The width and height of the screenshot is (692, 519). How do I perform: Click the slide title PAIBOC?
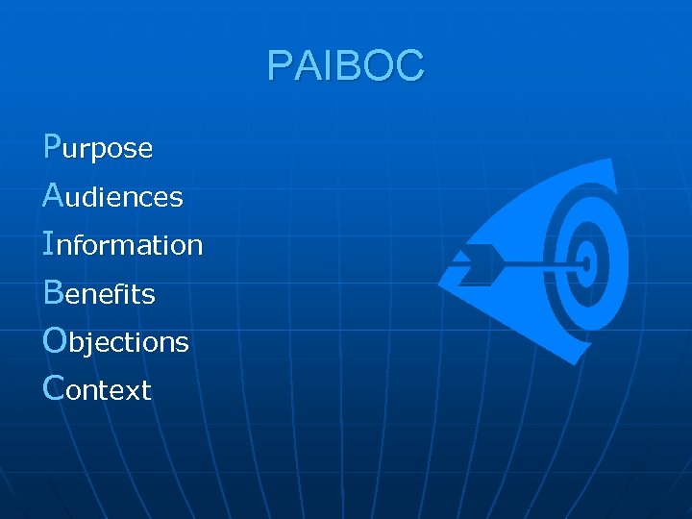click(x=345, y=66)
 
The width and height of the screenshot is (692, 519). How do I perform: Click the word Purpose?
click(x=98, y=147)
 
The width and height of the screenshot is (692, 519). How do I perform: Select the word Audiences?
click(x=113, y=196)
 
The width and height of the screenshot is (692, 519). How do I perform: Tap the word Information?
click(x=123, y=244)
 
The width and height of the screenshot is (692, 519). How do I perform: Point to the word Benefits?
click(x=99, y=293)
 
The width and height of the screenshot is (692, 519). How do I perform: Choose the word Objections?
click(x=116, y=341)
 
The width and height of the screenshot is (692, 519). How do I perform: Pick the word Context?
click(x=97, y=389)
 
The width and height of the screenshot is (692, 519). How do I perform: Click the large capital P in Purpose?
click(x=53, y=145)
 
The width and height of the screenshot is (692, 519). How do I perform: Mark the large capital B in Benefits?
click(x=54, y=291)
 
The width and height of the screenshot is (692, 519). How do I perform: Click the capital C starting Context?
click(x=55, y=387)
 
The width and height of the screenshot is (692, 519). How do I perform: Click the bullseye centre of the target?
click(x=587, y=260)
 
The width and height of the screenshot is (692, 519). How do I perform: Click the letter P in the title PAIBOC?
click(x=280, y=66)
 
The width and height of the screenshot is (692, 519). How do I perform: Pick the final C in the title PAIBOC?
click(x=409, y=66)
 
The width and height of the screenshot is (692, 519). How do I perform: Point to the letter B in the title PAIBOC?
click(x=343, y=66)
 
